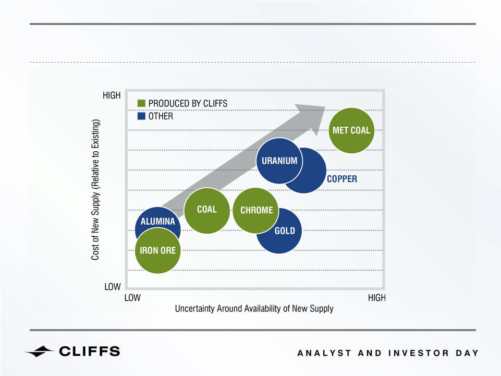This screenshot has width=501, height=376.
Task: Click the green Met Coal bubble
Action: pyautogui.click(x=351, y=130)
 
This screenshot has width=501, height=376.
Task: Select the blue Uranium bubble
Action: pyautogui.click(x=279, y=161)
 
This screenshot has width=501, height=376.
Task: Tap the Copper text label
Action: pyautogui.click(x=342, y=179)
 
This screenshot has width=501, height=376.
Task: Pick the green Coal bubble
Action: pyautogui.click(x=207, y=210)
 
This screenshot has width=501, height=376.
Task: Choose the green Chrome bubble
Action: pyautogui.click(x=256, y=210)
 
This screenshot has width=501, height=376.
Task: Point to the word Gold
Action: pyautogui.click(x=285, y=231)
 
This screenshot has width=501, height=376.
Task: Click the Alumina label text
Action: pyautogui.click(x=158, y=221)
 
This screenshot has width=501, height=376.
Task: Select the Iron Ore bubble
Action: pyautogui.click(x=158, y=251)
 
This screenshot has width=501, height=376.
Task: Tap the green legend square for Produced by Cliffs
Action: pyautogui.click(x=141, y=103)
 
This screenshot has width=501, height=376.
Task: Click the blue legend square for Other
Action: pyautogui.click(x=141, y=116)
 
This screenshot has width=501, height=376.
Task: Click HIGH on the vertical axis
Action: pyautogui.click(x=112, y=95)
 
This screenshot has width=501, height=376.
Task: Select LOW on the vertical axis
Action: pyautogui.click(x=113, y=287)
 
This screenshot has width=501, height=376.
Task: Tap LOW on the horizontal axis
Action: pyautogui.click(x=132, y=298)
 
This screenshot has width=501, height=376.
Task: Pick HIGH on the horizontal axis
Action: pyautogui.click(x=377, y=298)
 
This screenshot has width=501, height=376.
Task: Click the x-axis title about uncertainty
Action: pyautogui.click(x=254, y=309)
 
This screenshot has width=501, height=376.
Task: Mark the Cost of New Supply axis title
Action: pyautogui.click(x=95, y=190)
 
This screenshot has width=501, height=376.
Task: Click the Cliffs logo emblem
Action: pyautogui.click(x=39, y=351)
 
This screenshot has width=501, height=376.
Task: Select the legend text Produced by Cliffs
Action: pyautogui.click(x=188, y=104)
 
